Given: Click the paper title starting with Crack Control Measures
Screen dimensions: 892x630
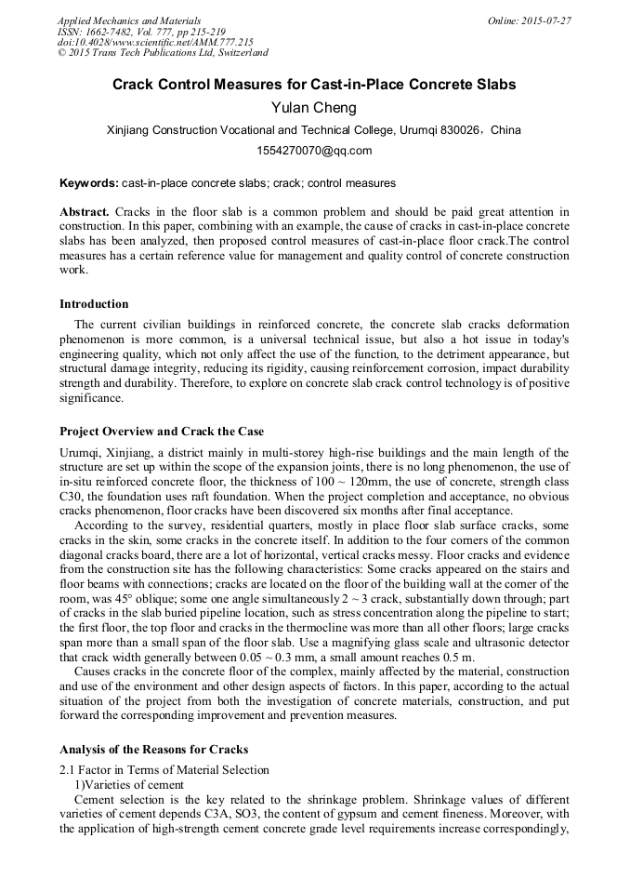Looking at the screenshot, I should tap(314, 85).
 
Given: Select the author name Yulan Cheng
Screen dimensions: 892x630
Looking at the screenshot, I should tap(314, 108).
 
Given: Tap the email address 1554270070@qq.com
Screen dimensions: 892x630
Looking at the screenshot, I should tap(314, 150).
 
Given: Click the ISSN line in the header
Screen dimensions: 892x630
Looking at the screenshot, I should tap(134, 31).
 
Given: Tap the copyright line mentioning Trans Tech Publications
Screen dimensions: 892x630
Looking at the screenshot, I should tap(163, 53).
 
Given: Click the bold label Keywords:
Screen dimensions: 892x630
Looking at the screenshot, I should tap(88, 183).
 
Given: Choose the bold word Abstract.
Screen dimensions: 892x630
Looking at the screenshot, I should tap(85, 213).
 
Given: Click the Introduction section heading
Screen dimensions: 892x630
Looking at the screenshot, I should tap(94, 303).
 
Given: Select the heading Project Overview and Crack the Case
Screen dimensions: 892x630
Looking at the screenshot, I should tap(162, 432).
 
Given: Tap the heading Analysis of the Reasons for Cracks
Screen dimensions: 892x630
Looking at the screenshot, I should tap(154, 749).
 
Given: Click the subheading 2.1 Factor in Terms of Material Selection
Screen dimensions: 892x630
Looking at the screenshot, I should tap(164, 769).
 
